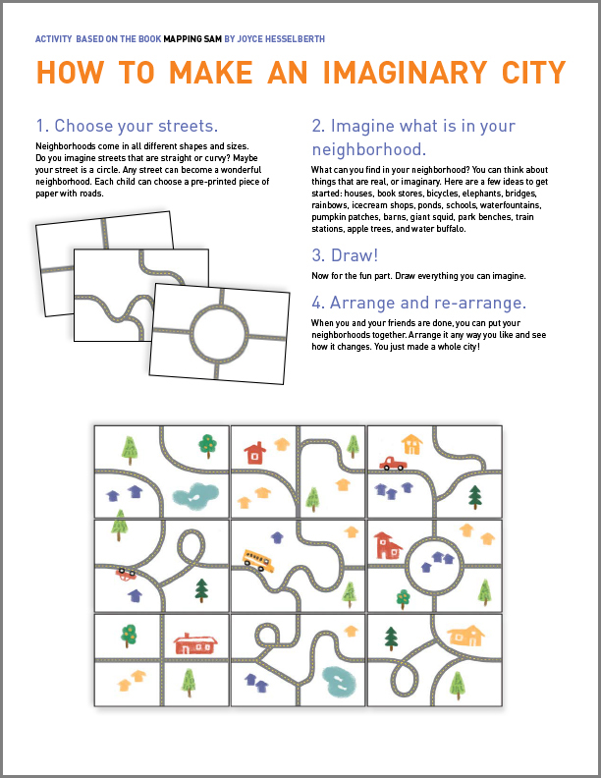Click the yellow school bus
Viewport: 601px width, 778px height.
pos(258,560)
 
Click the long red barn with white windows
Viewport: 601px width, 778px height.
pos(194,643)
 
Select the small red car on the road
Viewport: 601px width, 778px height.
pos(127,573)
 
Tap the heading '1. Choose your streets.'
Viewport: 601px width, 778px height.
pos(127,126)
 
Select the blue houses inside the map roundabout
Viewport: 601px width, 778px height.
pos(433,559)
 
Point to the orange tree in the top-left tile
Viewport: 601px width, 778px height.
pos(207,445)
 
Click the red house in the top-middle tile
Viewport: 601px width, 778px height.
pos(255,453)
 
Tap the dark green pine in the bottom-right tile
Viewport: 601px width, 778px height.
pos(392,639)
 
